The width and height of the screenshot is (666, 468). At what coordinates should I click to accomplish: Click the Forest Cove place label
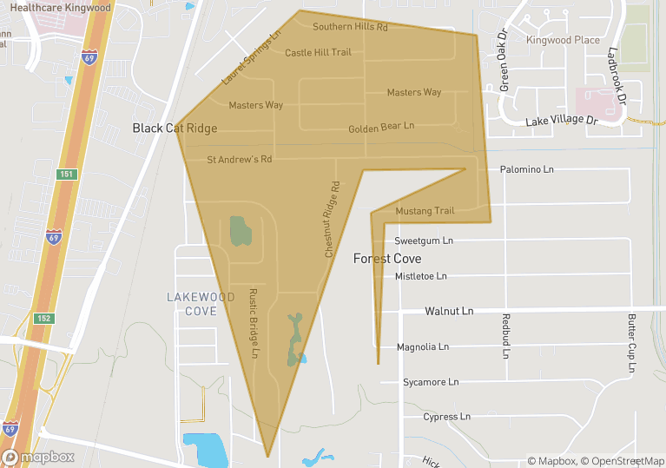[387, 259]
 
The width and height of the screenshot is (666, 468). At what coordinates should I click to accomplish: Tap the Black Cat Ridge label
[175, 129]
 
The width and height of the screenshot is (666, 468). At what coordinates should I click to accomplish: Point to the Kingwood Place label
[563, 40]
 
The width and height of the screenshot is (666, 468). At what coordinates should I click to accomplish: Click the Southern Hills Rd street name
[350, 27]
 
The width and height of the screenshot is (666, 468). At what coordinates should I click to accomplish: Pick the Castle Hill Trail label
[318, 52]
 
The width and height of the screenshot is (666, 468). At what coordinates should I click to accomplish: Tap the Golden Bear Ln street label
[381, 128]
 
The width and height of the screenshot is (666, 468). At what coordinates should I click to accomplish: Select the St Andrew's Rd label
[240, 160]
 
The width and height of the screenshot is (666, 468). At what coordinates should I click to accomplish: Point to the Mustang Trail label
[425, 211]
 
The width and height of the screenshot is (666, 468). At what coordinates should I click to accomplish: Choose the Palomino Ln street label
[527, 169]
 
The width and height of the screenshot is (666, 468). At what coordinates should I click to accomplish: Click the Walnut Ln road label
[449, 311]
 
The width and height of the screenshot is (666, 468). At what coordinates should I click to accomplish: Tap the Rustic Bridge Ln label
[254, 323]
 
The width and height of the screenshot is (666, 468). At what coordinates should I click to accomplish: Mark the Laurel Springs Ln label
[252, 59]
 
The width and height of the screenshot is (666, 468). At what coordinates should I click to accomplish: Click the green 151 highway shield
[67, 175]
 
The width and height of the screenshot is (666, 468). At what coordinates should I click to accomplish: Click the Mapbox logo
[38, 457]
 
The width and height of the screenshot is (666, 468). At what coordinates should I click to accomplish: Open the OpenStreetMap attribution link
[623, 461]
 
